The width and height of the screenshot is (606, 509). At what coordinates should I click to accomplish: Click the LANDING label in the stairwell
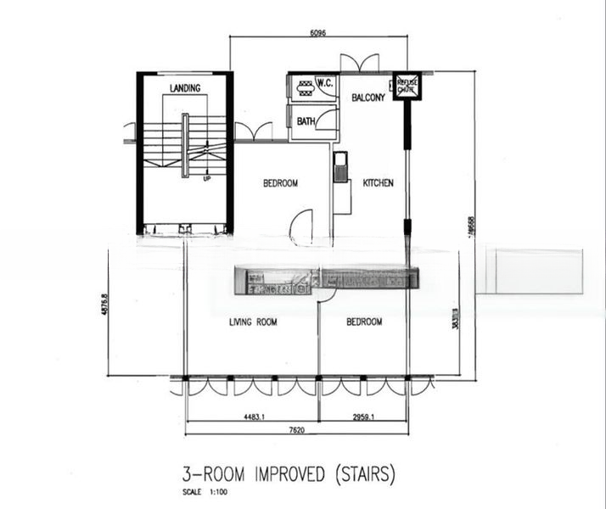click(x=184, y=88)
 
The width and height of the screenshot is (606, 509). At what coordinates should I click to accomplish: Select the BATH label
click(x=306, y=122)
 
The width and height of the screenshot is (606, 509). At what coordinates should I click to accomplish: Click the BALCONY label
click(x=368, y=98)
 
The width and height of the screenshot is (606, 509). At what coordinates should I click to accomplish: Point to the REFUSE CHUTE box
click(x=406, y=85)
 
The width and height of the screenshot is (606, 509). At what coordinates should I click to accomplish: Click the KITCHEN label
click(x=378, y=182)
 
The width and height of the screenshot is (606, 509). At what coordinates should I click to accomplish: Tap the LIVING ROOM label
click(x=253, y=322)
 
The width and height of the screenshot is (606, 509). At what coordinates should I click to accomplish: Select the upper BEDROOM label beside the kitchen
click(x=280, y=182)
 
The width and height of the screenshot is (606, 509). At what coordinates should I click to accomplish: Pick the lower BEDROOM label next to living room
click(x=364, y=322)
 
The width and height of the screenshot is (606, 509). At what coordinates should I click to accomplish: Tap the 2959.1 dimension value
click(x=362, y=417)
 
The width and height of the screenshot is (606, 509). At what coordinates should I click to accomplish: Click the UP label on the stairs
click(x=206, y=179)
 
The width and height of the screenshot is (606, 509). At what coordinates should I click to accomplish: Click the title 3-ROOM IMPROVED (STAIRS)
click(x=288, y=472)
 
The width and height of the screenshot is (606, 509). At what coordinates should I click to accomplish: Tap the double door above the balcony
click(x=360, y=64)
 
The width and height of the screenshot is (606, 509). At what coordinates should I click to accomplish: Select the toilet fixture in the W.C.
click(x=304, y=85)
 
